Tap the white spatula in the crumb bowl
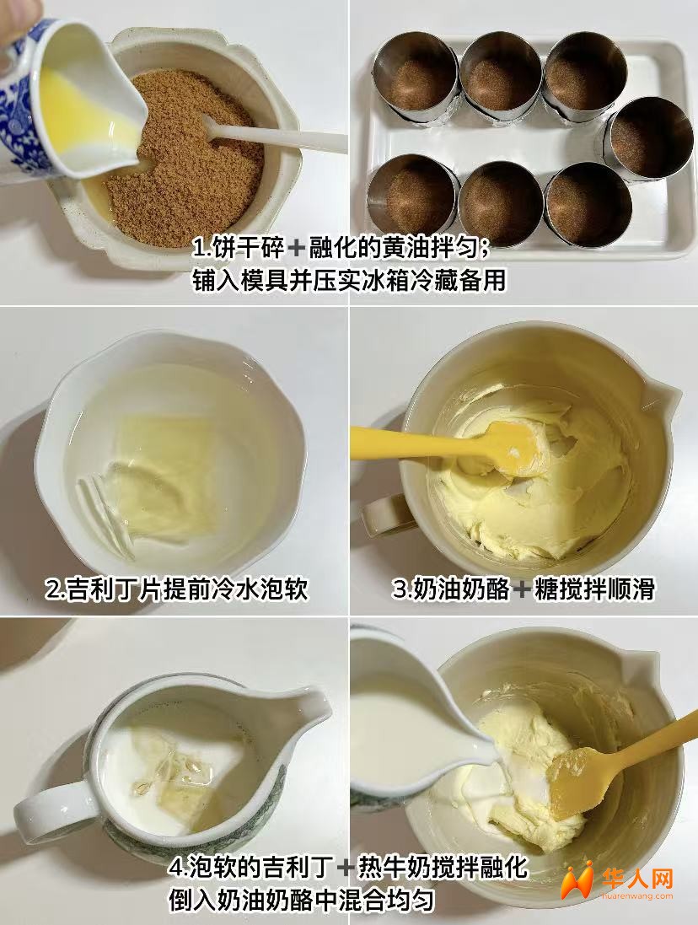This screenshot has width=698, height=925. pos(271,135)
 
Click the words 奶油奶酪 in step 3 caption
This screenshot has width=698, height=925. pos(460,589)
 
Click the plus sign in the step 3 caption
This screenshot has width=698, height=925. pos(521,589)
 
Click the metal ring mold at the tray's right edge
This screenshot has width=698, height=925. pos(647,142)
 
